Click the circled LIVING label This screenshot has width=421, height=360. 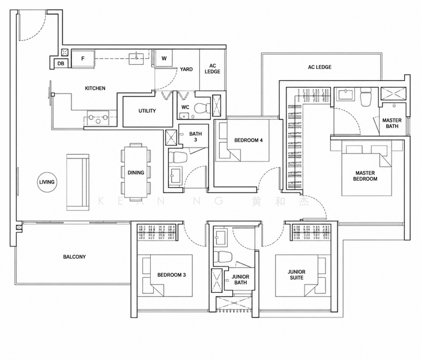[47, 182]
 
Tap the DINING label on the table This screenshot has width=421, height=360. [136, 173]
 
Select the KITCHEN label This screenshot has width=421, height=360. [95, 88]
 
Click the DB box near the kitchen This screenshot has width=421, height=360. [61, 64]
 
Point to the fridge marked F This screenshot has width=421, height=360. [83, 58]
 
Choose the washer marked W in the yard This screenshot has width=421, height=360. [164, 58]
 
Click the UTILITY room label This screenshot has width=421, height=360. [147, 111]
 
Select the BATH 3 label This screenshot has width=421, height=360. [195, 137]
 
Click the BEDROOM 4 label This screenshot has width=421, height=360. [249, 140]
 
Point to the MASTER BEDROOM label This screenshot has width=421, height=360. [365, 176]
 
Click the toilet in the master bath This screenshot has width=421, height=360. [365, 97]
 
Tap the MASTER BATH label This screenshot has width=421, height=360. [392, 123]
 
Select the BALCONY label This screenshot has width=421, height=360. [74, 257]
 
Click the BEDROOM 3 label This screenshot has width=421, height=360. [172, 275]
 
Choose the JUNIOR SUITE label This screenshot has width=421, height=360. [297, 275]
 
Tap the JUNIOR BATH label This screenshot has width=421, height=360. [240, 280]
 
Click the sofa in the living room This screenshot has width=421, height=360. [77, 182]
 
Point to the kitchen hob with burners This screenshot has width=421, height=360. [98, 118]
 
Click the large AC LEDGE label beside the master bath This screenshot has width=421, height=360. [320, 67]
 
